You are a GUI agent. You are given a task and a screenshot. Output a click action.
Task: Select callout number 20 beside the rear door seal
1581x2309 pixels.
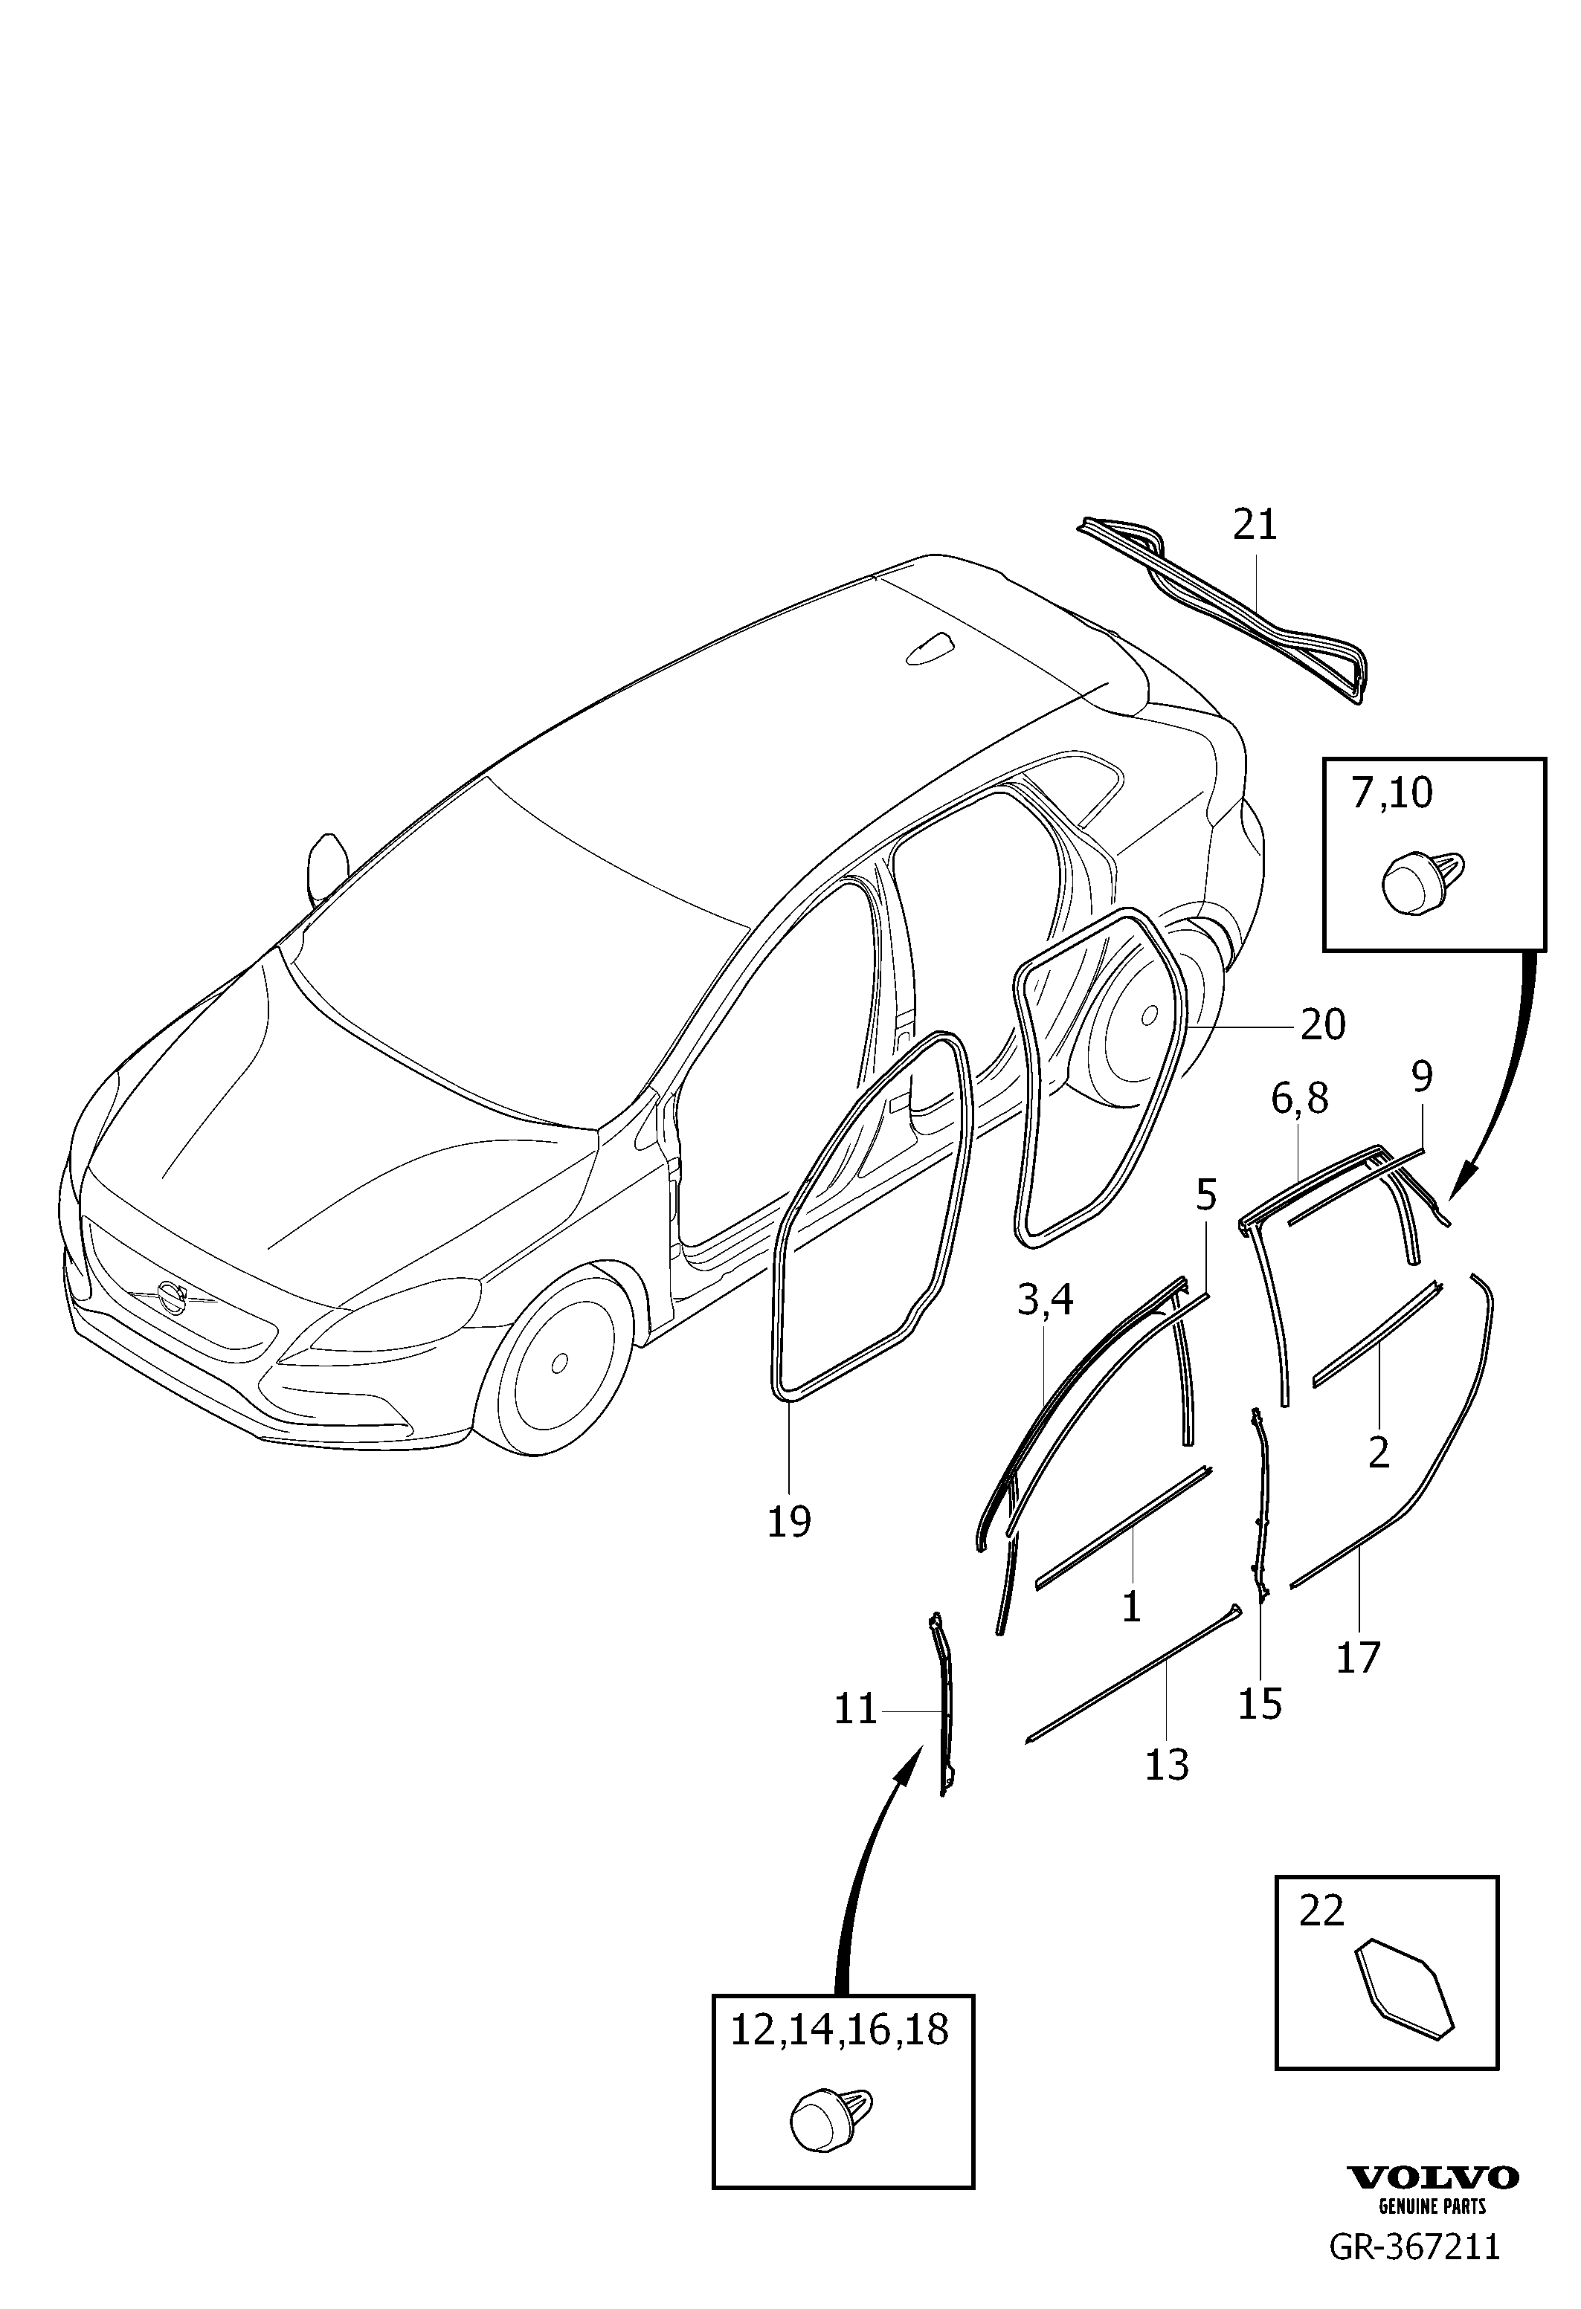click(1323, 1024)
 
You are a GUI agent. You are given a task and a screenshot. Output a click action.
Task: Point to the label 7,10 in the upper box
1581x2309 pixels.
click(1391, 794)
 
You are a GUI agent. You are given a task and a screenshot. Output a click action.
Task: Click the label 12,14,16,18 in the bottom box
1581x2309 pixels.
click(840, 2029)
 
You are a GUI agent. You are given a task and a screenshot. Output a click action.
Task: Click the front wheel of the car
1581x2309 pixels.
click(558, 1361)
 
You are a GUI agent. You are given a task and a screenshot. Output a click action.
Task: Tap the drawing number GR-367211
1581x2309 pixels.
click(1414, 2265)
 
